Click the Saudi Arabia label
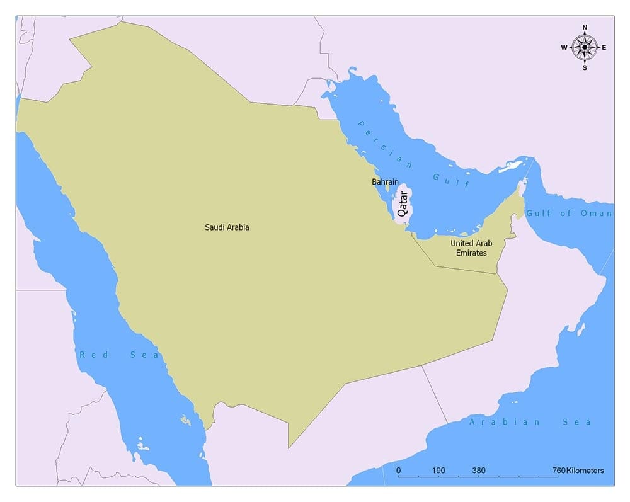point(227,227)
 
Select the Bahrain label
point(385,182)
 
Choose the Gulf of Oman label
point(569,214)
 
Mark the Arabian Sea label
point(530,423)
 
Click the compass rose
point(585,47)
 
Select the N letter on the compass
point(585,28)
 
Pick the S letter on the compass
point(585,67)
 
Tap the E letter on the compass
point(604,48)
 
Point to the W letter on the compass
point(564,48)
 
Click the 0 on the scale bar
point(398,471)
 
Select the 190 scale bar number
point(438,471)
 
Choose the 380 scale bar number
point(479,471)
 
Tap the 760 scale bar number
point(559,471)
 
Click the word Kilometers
point(585,471)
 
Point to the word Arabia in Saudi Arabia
point(238,227)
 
